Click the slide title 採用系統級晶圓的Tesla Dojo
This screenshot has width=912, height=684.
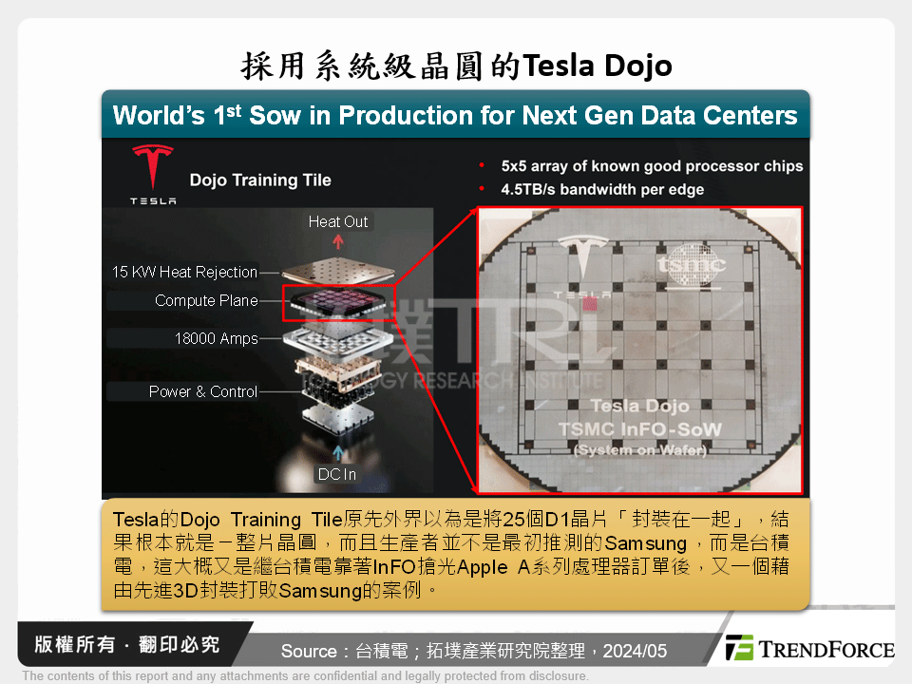coord(456,66)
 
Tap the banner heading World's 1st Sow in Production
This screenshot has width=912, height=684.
coord(455,116)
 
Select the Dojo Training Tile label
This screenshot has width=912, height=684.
coord(259,180)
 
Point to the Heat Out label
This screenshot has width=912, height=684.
coord(337,221)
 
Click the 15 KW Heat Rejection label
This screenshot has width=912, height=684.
coord(184,272)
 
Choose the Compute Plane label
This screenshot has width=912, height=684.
coord(206,300)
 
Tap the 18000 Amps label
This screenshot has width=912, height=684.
coord(216,338)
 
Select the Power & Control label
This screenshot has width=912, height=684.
coord(203,391)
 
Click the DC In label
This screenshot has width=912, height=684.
coord(336,474)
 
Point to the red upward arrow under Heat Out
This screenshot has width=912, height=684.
coord(338,242)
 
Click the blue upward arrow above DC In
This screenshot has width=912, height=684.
coord(338,449)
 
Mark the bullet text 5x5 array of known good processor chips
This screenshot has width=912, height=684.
coord(652,166)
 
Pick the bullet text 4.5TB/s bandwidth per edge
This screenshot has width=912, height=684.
coord(602,189)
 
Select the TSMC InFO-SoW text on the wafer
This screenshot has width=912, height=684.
coord(640,429)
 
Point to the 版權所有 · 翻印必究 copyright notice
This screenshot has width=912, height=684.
coord(126,644)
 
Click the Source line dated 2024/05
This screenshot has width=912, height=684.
coord(474,651)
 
